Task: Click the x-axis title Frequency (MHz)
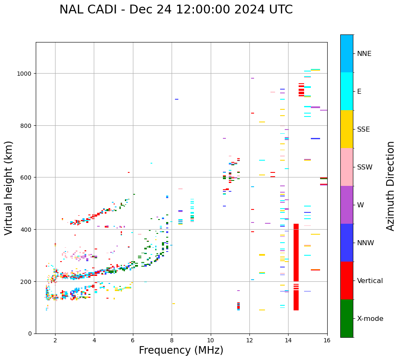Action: pos(181,350)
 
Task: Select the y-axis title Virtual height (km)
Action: pos(9,188)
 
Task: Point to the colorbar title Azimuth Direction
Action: pos(391,186)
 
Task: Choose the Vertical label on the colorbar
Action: pos(370,281)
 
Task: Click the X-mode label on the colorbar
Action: pos(370,319)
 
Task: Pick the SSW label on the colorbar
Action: pos(364,167)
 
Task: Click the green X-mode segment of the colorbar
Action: pos(347,318)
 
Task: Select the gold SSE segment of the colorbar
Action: pos(347,129)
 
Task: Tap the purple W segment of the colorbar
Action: pos(347,205)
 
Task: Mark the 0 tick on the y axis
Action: pos(30,334)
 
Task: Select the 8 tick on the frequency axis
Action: pos(172,340)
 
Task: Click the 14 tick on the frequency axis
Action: pos(288,340)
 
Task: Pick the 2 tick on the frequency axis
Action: pos(55,340)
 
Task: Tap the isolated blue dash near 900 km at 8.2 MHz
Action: pos(177,99)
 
